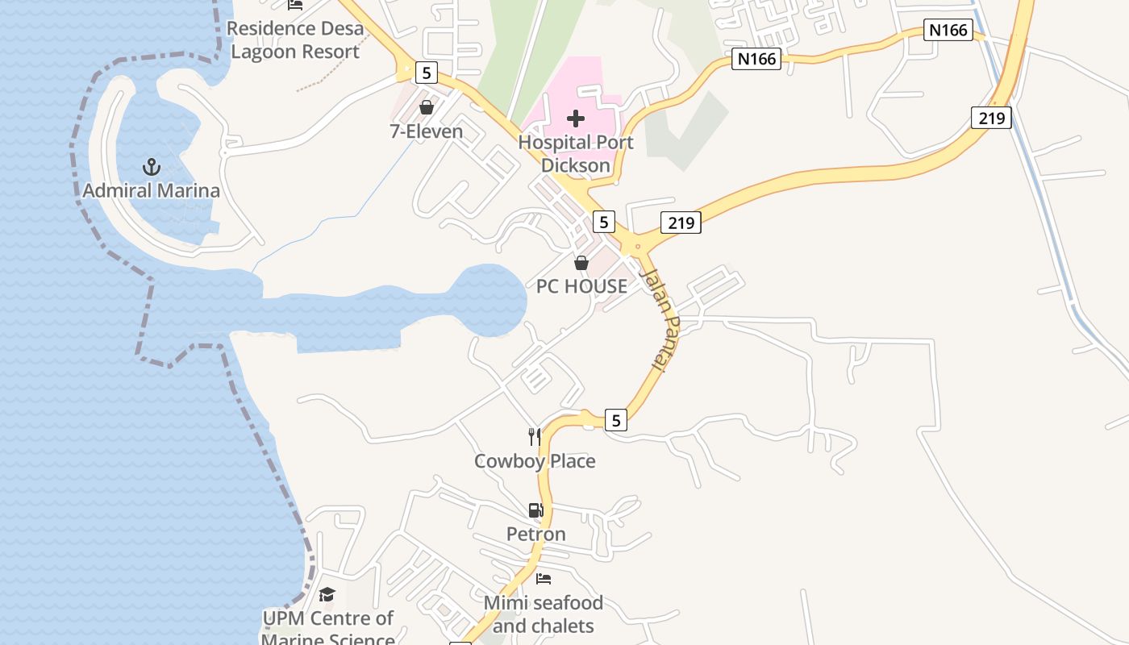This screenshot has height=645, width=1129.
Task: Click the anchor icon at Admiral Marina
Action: pyautogui.click(x=152, y=167)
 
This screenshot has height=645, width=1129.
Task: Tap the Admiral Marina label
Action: pyautogui.click(x=152, y=191)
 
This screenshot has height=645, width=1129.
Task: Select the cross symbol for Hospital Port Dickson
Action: pyautogui.click(x=576, y=119)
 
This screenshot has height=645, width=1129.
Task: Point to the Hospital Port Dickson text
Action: pyautogui.click(x=576, y=153)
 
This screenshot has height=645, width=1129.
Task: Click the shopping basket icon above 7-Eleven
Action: pyautogui.click(x=427, y=107)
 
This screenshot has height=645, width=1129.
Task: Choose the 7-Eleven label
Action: pyautogui.click(x=427, y=131)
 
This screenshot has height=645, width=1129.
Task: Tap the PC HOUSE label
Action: pyautogui.click(x=581, y=286)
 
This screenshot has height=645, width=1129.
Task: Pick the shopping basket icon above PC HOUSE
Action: pyautogui.click(x=581, y=263)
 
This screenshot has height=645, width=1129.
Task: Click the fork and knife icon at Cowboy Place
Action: pyautogui.click(x=535, y=437)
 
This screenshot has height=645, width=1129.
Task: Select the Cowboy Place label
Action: pyautogui.click(x=535, y=461)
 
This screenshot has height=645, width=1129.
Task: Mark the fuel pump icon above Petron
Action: pyautogui.click(x=535, y=510)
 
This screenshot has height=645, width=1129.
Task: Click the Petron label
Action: pyautogui.click(x=536, y=534)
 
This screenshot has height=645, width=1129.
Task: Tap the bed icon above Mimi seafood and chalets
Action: pyautogui.click(x=544, y=579)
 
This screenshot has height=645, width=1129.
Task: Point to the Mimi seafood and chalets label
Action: pyautogui.click(x=544, y=614)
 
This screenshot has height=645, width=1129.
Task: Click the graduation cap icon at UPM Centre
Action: pyautogui.click(x=327, y=595)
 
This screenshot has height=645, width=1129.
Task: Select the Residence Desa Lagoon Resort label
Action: pyautogui.click(x=294, y=40)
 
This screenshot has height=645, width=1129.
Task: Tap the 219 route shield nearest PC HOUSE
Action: pyautogui.click(x=681, y=223)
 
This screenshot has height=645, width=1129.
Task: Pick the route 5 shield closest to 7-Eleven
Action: pyautogui.click(x=426, y=73)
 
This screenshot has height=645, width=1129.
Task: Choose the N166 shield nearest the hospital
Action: pyautogui.click(x=756, y=59)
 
